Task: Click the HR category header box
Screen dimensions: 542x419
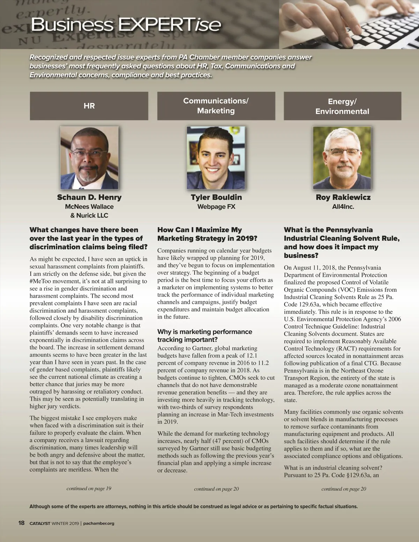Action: point(89,106)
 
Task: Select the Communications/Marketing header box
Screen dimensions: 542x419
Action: point(216,106)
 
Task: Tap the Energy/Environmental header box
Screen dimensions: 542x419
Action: point(342,106)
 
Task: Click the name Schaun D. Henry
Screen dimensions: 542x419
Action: point(89,197)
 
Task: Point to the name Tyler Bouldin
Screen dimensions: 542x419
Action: point(216,197)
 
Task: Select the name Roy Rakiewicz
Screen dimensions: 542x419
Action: point(343,197)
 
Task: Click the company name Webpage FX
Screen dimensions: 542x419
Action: point(216,207)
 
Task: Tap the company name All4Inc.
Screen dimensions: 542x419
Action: point(343,207)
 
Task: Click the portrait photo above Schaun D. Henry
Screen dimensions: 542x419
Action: point(89,157)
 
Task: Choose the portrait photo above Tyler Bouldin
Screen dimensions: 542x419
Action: point(216,157)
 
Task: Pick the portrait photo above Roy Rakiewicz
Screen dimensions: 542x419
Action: point(342,157)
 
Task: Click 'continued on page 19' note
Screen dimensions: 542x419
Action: point(89,488)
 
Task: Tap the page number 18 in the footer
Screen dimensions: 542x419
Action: point(21,523)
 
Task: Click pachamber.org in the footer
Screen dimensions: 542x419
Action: point(99,523)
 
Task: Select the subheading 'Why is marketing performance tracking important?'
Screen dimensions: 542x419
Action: point(204,335)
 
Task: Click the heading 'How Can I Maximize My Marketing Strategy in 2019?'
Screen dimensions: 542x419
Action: point(207,234)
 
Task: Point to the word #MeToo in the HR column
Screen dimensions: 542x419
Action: point(43,281)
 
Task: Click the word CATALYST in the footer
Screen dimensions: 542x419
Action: point(40,523)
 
